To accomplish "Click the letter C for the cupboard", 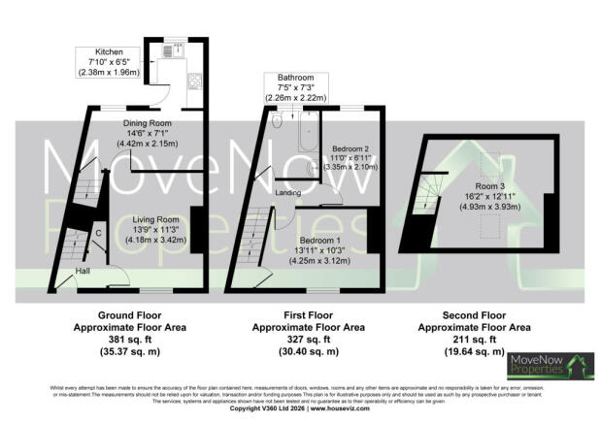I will tap(98, 233).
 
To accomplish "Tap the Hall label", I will tap(84, 271).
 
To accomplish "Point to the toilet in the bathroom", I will tap(278, 120).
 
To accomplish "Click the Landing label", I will tap(287, 192).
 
